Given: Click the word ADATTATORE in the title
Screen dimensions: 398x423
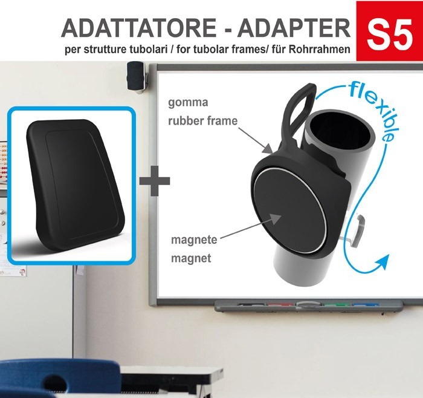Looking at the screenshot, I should click(x=138, y=28).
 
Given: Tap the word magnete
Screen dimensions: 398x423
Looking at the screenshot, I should click(x=193, y=241).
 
